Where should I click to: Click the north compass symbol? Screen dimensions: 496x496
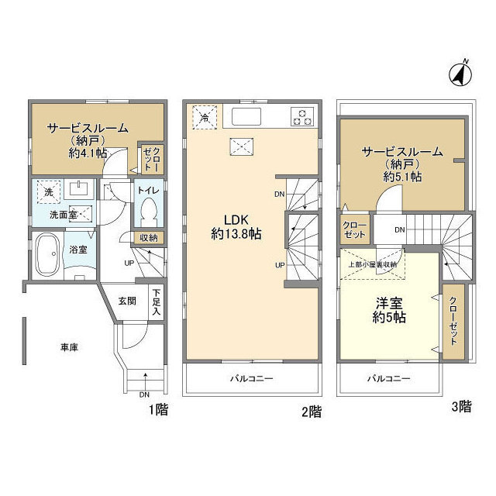click(x=460, y=74)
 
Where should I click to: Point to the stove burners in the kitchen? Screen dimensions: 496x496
click(x=301, y=117)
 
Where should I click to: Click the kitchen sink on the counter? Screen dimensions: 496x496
click(x=246, y=117)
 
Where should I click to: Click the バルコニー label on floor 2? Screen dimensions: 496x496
click(x=251, y=379)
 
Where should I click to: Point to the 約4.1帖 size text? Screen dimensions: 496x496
click(x=87, y=153)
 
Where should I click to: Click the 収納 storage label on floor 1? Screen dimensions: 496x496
click(x=149, y=238)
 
